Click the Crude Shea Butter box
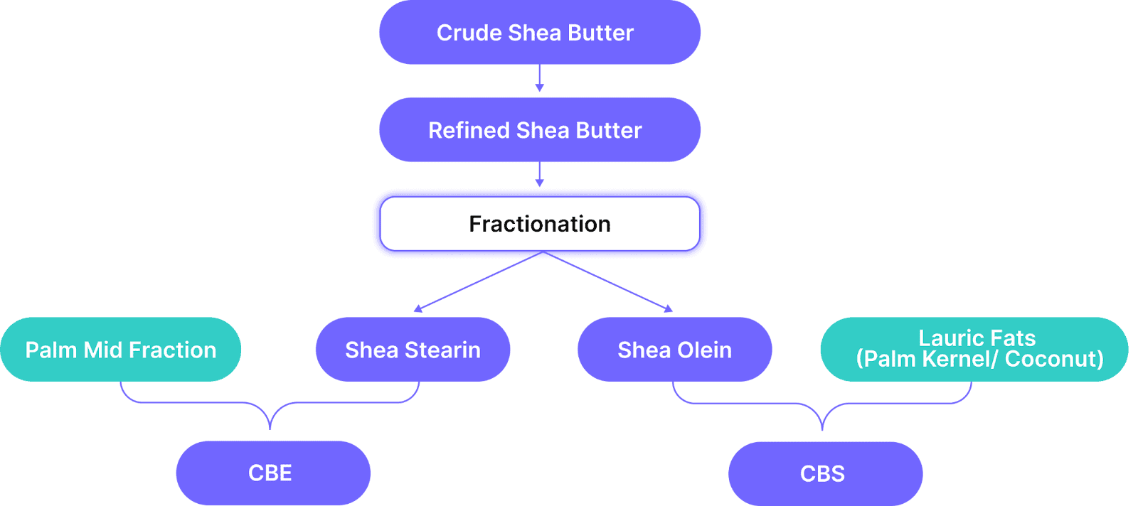[x=540, y=32]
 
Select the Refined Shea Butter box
[x=540, y=130]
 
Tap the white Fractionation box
[x=540, y=224]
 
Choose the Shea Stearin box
[x=413, y=349]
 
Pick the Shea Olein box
[x=675, y=349]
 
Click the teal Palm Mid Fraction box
[x=120, y=349]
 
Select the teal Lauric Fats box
[x=974, y=349]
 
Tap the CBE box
[x=273, y=473]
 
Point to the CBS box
[x=826, y=473]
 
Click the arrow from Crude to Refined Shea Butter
[x=540, y=78]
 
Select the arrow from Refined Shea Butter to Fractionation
[x=540, y=175]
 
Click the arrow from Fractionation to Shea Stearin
[x=478, y=281]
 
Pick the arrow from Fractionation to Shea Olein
[x=608, y=281]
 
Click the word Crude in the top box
[x=469, y=33]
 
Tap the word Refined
[x=469, y=131]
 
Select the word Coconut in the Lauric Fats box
[x=1054, y=360]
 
